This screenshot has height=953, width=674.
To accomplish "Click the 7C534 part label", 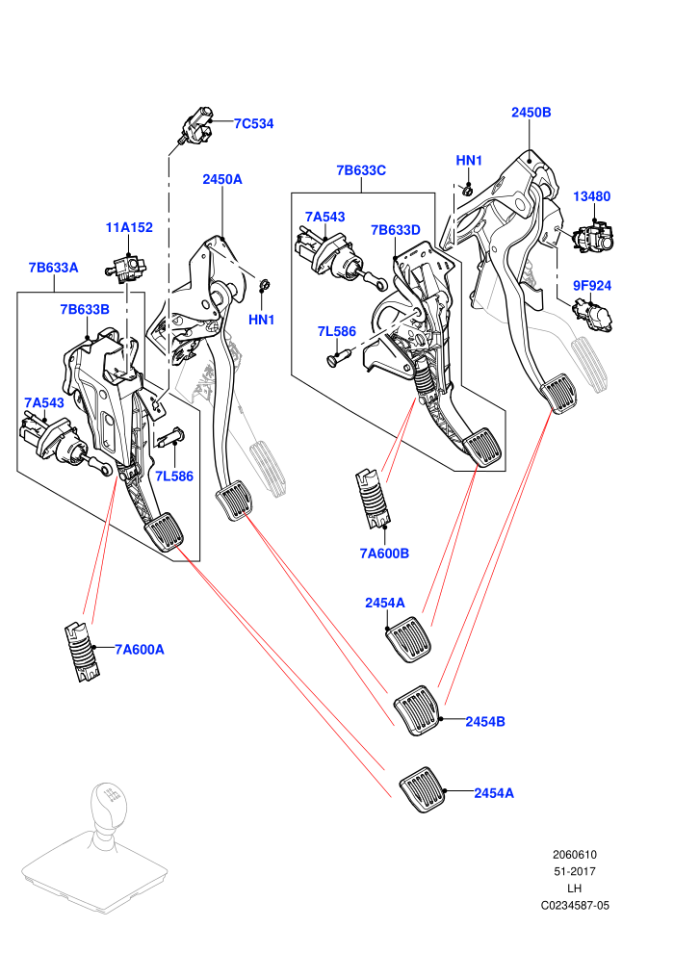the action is (253, 123).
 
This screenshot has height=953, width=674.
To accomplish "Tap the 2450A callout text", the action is (222, 179).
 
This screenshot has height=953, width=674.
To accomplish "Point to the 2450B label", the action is (531, 113).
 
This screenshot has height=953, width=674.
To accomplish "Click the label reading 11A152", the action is (129, 227).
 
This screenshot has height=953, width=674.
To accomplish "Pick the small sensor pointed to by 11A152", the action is (126, 268).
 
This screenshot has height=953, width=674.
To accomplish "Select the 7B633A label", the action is (54, 268).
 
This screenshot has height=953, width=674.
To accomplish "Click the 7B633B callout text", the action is (85, 309).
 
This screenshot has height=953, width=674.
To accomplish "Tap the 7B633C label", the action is (361, 170).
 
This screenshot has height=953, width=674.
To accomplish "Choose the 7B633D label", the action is (396, 230).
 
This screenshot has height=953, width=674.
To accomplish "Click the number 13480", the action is (592, 196).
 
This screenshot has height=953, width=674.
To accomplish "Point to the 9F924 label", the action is (592, 286).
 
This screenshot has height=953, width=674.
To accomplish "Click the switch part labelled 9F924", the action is (593, 313).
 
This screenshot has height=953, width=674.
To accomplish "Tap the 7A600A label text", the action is (140, 650).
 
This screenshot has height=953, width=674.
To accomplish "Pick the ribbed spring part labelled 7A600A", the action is (82, 652).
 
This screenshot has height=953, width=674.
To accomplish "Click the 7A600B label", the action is (385, 554).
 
